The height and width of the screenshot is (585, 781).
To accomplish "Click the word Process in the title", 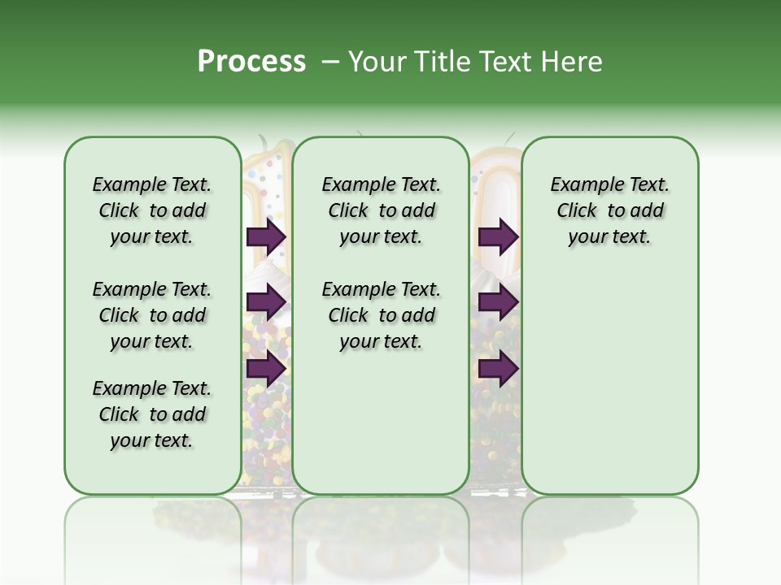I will pyautogui.click(x=251, y=61).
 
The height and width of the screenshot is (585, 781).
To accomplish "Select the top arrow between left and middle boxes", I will pyautogui.click(x=266, y=236).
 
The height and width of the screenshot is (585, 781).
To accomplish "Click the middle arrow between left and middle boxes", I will pyautogui.click(x=266, y=302).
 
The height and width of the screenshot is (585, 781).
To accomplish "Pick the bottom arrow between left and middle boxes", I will pyautogui.click(x=266, y=368).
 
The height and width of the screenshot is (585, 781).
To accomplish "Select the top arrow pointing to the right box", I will pyautogui.click(x=498, y=236).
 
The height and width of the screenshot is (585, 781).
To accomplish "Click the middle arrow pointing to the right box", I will pyautogui.click(x=498, y=302).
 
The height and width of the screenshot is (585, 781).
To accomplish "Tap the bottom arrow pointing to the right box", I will pyautogui.click(x=498, y=368).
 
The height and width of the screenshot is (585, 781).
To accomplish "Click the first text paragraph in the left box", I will pyautogui.click(x=152, y=210).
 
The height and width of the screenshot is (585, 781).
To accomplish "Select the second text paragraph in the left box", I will pyautogui.click(x=152, y=315).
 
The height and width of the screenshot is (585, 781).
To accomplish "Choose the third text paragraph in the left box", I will pyautogui.click(x=152, y=414).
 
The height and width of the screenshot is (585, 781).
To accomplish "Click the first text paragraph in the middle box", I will pyautogui.click(x=381, y=210).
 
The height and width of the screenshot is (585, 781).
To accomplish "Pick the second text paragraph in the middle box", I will pyautogui.click(x=381, y=315).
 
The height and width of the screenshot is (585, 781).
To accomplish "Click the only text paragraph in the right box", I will pyautogui.click(x=610, y=210).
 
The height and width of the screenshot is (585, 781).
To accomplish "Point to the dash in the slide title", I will pyautogui.click(x=330, y=62).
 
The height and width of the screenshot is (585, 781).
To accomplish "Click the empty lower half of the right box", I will pyautogui.click(x=610, y=382).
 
